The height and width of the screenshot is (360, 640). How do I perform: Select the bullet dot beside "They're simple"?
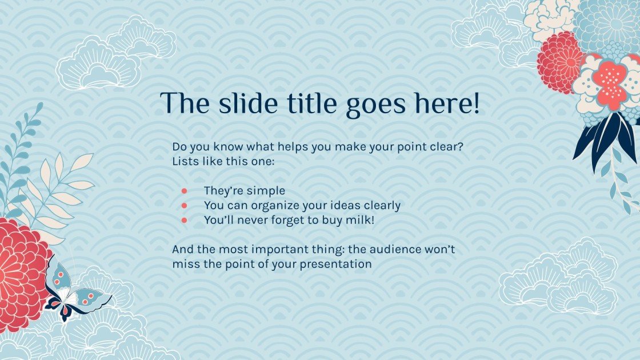(185, 191)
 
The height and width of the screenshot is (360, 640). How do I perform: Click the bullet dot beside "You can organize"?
(185, 205)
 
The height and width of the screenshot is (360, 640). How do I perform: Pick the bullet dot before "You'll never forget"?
(185, 219)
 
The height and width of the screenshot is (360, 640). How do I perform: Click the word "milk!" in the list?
(360, 219)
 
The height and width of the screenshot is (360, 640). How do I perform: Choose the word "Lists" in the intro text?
(185, 162)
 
